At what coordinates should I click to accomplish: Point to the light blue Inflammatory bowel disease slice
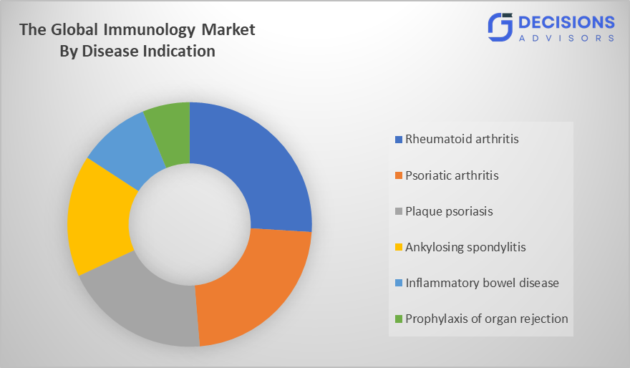(125, 147)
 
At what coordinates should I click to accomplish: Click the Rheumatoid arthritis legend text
(462, 139)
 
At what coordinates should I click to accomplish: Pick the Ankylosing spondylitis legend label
(465, 247)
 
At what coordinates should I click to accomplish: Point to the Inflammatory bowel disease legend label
(482, 283)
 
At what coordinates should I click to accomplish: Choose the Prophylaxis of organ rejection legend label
(487, 319)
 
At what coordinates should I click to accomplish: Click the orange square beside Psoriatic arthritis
(399, 175)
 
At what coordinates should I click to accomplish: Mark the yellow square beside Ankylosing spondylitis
(399, 248)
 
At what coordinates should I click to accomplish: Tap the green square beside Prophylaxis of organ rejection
(399, 319)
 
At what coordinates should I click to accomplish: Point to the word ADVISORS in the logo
(566, 38)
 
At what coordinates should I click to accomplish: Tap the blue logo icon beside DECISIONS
(501, 27)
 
